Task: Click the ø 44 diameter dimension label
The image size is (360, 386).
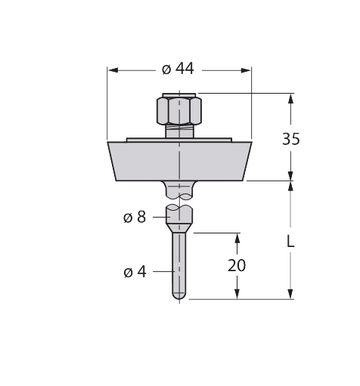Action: (178, 69)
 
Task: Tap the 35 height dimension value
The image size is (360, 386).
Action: (291, 138)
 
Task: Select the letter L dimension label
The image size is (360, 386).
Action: (290, 242)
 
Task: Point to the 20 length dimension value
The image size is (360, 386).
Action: (237, 265)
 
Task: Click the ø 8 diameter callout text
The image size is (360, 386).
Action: (135, 217)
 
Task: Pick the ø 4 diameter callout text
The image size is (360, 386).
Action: (135, 272)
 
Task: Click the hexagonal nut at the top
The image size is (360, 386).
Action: (179, 111)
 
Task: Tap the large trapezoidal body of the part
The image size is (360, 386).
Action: (179, 161)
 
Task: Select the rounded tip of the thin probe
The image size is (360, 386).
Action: (179, 296)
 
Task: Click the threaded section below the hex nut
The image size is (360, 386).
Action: (179, 131)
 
